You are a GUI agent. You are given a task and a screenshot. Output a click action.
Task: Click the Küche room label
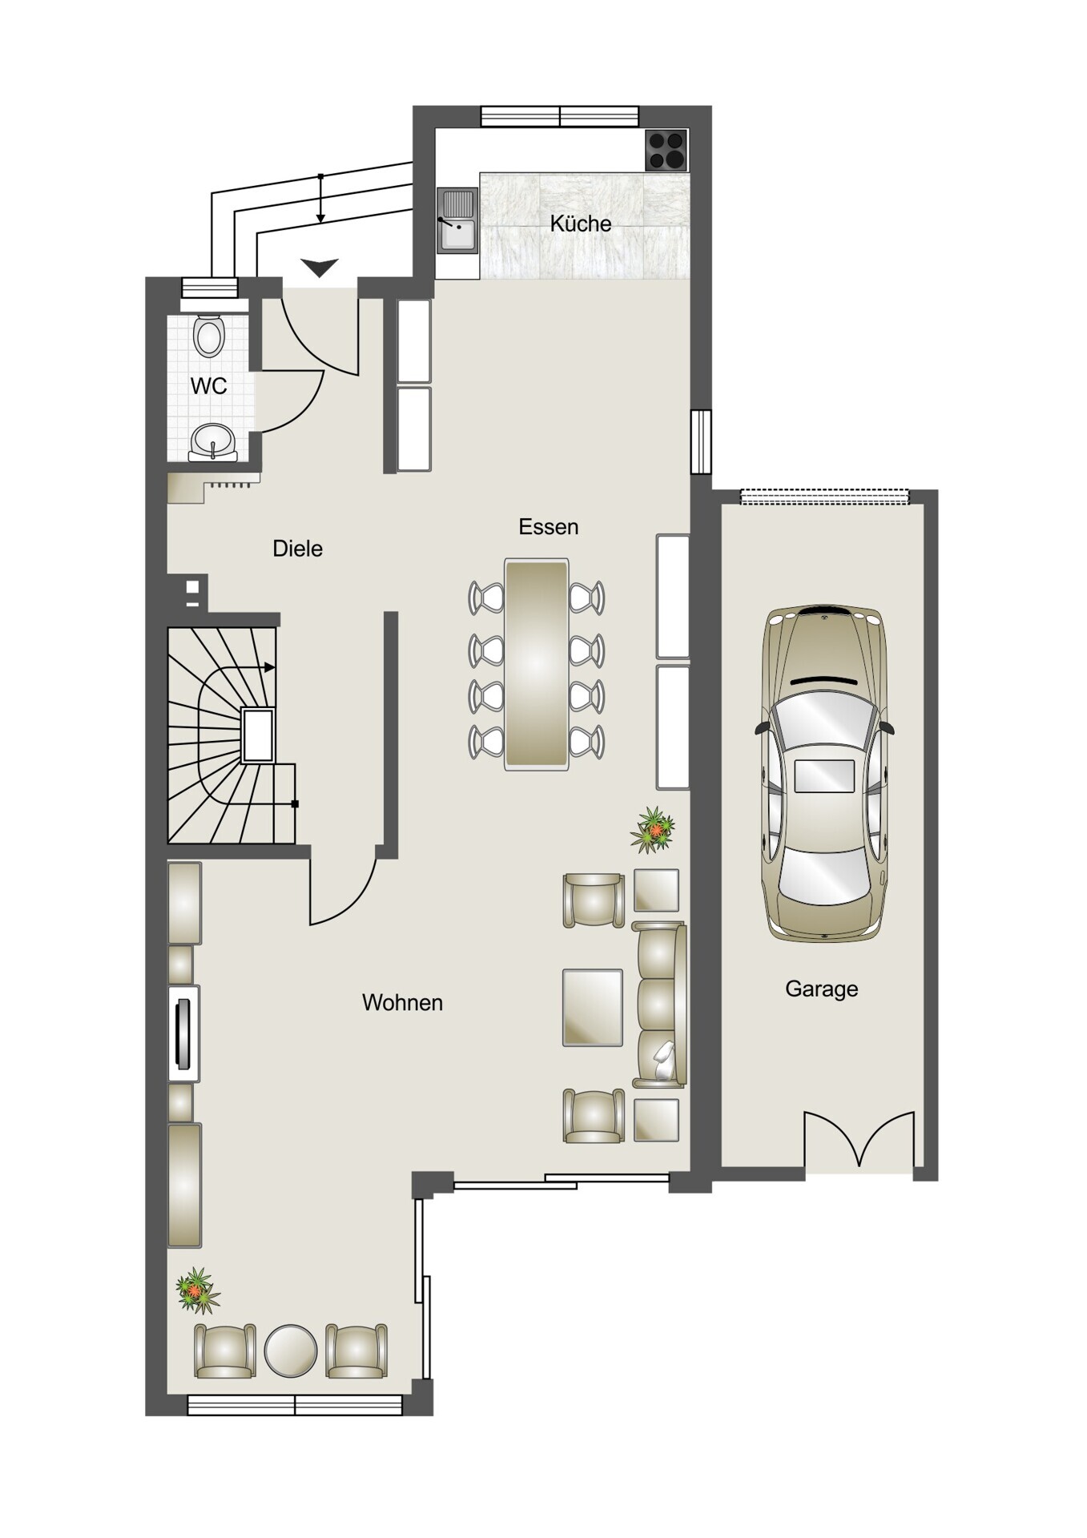[581, 223]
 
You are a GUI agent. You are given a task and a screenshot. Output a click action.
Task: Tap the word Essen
[549, 526]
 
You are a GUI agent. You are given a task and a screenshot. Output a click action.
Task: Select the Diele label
[298, 549]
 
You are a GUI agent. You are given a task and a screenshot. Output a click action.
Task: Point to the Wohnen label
[402, 1002]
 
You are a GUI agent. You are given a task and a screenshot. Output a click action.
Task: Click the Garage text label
[821, 989]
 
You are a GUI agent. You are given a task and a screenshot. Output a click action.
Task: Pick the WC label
[208, 386]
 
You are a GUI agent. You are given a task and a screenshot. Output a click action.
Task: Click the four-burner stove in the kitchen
[666, 150]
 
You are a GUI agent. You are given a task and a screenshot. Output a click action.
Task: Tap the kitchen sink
[457, 220]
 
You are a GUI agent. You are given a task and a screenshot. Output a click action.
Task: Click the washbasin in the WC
[213, 442]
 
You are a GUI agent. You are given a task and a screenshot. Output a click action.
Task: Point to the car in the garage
[824, 773]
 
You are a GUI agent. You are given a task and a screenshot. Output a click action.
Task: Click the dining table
[537, 664]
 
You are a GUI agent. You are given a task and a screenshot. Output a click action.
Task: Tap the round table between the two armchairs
[291, 1351]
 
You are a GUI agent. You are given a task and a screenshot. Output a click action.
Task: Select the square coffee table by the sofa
[593, 1008]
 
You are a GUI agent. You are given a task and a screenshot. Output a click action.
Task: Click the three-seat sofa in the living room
[659, 1005]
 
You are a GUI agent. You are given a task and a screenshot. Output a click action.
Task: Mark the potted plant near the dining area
[654, 830]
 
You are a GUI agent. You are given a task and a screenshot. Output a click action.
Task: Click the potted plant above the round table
[197, 1290]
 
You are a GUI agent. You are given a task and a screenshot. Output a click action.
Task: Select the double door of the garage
[860, 1138]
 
